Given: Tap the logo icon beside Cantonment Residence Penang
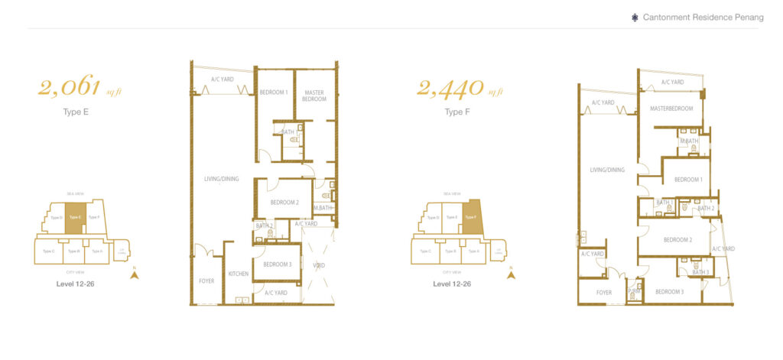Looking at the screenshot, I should (x=635, y=18).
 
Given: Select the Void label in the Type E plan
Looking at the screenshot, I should (x=319, y=265).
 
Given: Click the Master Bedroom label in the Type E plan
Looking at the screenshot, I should (x=314, y=96).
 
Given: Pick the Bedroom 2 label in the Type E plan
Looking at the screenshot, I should (x=284, y=203).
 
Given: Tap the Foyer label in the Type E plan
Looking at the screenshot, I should (x=206, y=281).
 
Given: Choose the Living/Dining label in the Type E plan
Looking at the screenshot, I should (x=221, y=179).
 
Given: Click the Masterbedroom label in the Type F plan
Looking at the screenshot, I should (x=671, y=109).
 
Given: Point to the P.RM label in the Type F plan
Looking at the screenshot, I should (x=634, y=291).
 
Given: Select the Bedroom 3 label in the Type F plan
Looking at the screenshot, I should (x=669, y=291).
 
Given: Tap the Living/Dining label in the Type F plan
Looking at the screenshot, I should (x=607, y=170).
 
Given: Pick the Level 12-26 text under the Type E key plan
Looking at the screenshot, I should (x=76, y=284).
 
